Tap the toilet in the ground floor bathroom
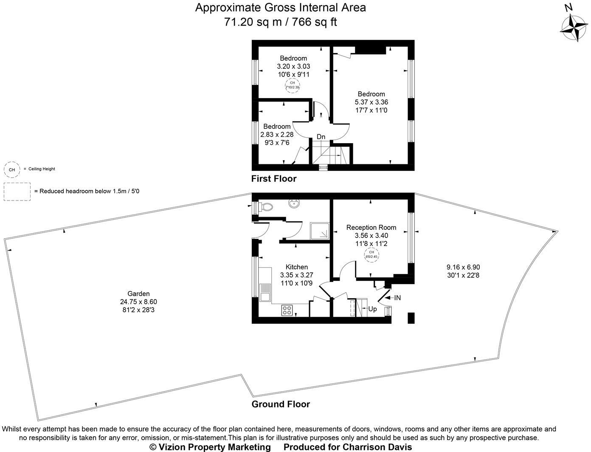click(266, 207)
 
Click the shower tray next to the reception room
click(320, 231)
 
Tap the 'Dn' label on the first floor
click(321, 137)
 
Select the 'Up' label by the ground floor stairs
click(372, 309)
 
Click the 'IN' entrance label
click(397, 298)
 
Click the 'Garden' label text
click(138, 294)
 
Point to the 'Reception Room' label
click(371, 227)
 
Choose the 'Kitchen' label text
click(296, 267)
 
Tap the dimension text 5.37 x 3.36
click(371, 102)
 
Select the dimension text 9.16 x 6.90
click(463, 267)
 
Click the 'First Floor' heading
click(273, 178)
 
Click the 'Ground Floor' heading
click(281, 404)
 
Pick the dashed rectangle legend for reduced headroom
click(17, 191)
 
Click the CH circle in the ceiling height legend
click(12, 169)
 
